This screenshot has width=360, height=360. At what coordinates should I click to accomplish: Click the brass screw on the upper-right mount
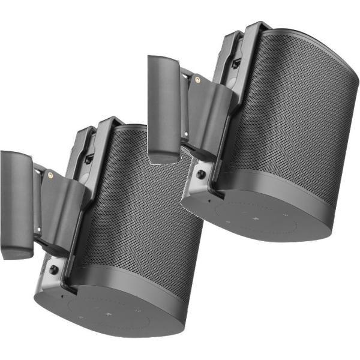coord(198,79)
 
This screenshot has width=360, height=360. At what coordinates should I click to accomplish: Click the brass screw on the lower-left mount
coord(50,175)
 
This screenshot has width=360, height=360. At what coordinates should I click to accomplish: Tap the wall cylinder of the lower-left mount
coord(16,204)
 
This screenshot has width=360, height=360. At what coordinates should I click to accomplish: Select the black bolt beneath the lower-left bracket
coord(54,270)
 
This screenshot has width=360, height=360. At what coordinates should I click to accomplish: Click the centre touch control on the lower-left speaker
coord(109,313)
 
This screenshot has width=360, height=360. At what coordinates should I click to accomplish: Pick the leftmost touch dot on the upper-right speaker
coord(229,221)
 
